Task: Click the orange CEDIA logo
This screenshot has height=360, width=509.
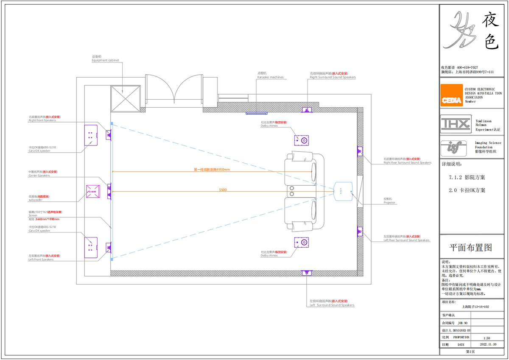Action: point(451,95)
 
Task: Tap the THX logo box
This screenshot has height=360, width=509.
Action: point(456,124)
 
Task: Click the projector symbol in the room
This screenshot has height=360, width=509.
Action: point(343,191)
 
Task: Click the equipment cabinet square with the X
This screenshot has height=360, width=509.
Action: point(125,98)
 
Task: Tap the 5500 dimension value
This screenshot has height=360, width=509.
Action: point(223,190)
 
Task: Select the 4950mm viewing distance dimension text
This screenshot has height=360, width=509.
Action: point(212,170)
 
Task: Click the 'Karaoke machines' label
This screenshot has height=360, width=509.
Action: point(270,78)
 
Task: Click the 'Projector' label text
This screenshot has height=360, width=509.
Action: point(389,203)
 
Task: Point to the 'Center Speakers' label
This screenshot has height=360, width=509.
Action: point(39,176)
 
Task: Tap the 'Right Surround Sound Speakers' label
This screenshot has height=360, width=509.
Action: point(333,78)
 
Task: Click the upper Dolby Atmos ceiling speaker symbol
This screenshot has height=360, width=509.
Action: point(302,140)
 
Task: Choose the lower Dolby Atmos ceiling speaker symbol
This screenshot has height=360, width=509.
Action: point(302,243)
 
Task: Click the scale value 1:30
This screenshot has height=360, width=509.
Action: point(487,338)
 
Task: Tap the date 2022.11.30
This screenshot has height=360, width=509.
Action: point(487,345)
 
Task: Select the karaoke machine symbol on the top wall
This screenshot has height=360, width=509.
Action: point(257,113)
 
